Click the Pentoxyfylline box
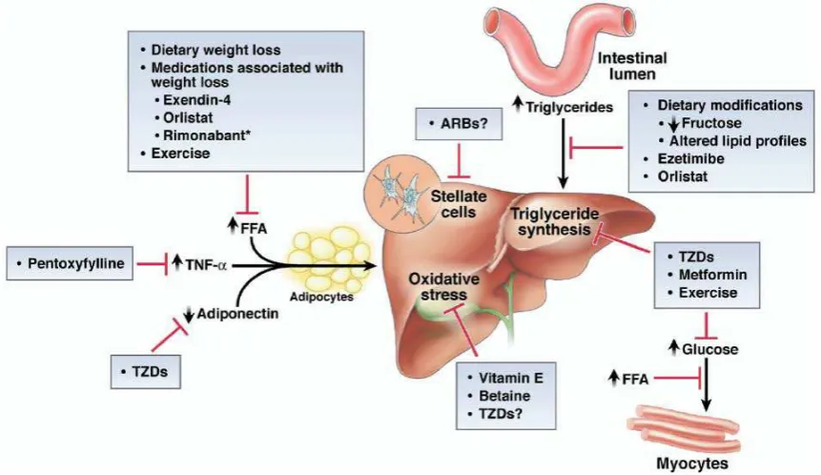(70, 263)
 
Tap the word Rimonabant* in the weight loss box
(207, 135)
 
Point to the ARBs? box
(459, 124)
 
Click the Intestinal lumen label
(632, 66)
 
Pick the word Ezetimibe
(691, 158)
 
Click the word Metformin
(712, 275)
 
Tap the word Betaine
(504, 396)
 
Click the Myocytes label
(692, 464)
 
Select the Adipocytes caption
(321, 297)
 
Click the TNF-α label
(206, 264)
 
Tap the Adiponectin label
(237, 314)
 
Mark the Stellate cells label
(458, 204)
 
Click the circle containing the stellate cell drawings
(401, 191)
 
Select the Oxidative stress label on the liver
(443, 286)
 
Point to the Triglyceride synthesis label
(555, 221)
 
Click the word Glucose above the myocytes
(710, 349)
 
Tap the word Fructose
(711, 123)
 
